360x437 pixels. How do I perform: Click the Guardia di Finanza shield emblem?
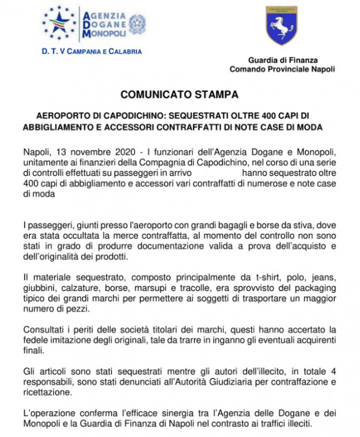282,26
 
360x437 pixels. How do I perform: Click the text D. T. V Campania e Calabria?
92,51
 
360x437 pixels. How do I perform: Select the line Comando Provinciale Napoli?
282,69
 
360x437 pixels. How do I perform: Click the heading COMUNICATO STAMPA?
180,94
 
